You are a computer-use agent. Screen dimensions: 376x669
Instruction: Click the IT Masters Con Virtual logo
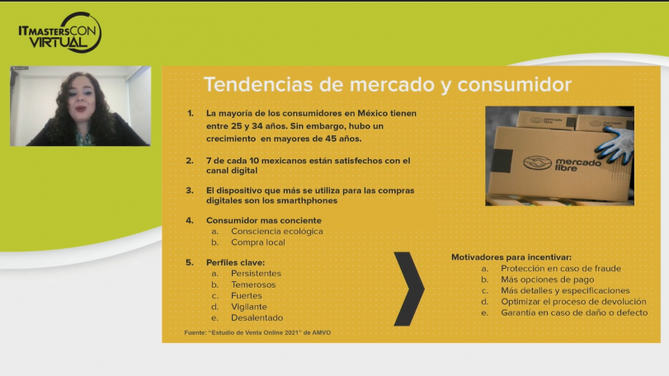59,32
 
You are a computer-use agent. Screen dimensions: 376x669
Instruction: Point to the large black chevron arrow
408,289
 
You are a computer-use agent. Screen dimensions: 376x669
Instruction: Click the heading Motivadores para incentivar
511,256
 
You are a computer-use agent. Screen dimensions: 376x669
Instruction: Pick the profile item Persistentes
257,273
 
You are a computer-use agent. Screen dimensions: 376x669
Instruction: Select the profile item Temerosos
254,284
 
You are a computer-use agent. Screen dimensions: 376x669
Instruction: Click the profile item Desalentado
257,317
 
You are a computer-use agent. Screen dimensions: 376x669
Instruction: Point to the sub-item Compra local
257,242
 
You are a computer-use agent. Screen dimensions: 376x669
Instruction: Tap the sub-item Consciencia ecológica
277,231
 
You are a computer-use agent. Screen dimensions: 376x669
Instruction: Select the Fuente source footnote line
257,332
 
